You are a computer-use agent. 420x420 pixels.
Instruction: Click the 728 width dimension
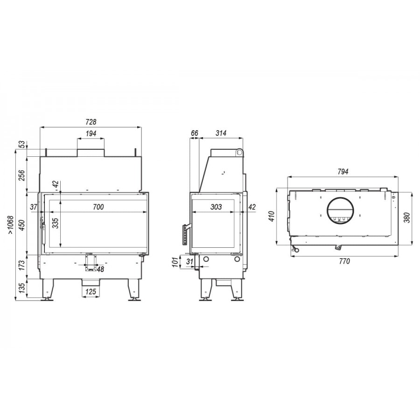coord(91,122)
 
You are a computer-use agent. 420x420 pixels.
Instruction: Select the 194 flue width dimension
coord(91,133)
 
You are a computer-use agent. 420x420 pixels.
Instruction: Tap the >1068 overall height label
coord(10,225)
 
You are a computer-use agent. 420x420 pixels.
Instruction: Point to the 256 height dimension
coord(22,175)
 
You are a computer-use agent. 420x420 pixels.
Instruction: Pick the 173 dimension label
coord(22,265)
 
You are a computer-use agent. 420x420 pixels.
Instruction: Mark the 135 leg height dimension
coord(22,287)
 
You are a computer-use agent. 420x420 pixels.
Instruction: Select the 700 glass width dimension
coord(98,207)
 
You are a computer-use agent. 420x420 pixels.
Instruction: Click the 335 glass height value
coord(55,223)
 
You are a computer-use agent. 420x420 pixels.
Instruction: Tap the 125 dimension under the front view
coord(91,291)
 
